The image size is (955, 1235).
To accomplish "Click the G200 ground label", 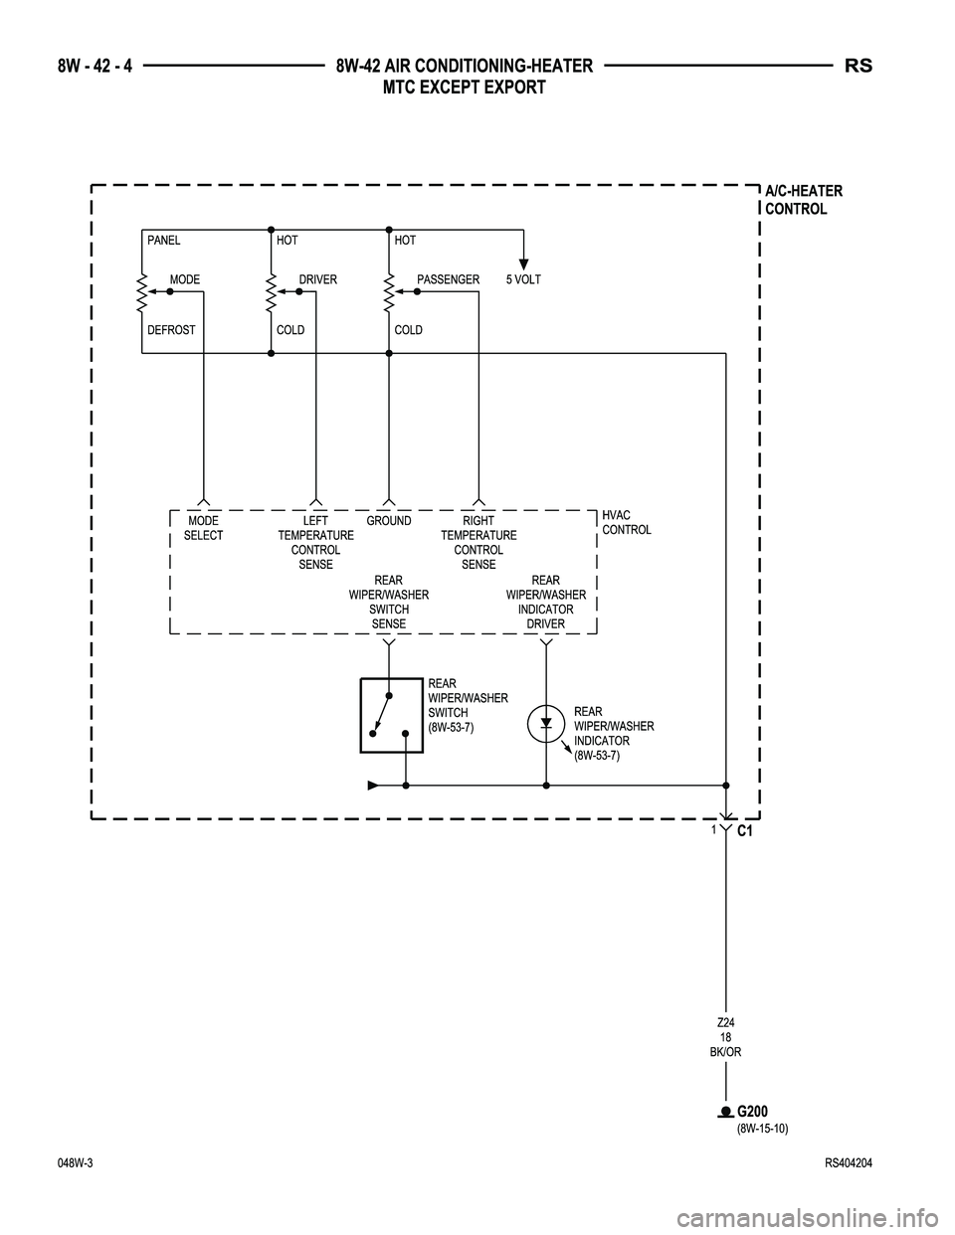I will click(753, 1111).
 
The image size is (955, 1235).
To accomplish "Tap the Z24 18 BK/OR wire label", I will click(726, 1037).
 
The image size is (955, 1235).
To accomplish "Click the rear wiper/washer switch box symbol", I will click(392, 715).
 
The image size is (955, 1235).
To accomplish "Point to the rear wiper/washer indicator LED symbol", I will click(546, 723).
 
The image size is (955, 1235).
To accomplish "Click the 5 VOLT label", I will click(523, 279).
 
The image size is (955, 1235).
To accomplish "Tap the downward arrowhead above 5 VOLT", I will click(523, 264).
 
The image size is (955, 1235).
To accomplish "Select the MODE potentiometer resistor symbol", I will click(142, 291).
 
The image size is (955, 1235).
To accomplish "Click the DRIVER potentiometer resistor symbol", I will click(271, 291).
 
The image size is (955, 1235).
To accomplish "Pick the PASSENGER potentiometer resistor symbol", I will click(389, 291).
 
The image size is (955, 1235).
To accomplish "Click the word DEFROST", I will click(171, 329).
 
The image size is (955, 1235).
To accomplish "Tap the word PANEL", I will click(164, 241).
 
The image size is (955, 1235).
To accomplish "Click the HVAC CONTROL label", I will click(627, 522).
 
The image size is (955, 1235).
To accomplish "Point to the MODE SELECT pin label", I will click(203, 528).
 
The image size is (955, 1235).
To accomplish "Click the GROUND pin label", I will click(388, 521).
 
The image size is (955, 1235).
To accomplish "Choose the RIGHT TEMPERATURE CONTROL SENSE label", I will click(478, 543).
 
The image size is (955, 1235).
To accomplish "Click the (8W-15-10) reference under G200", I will click(762, 1129).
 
